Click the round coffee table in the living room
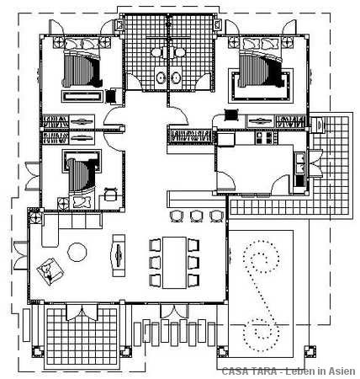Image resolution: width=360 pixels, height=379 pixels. point(77,252)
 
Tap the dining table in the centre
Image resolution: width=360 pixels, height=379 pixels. point(174,263)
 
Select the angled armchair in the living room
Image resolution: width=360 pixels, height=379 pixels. point(50,271)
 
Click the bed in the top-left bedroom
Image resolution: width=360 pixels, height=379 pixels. point(82,67)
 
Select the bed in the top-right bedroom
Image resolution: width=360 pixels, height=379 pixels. point(260,67)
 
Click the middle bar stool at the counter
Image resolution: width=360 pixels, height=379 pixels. point(196,216)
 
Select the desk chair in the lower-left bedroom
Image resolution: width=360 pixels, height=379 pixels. point(110,195)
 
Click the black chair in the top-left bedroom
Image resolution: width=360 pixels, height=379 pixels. point(112,96)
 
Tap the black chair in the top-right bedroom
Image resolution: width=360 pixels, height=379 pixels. point(231,115)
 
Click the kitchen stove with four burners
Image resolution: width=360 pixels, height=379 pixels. point(263,137)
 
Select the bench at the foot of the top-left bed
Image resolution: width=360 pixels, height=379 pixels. point(82,97)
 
